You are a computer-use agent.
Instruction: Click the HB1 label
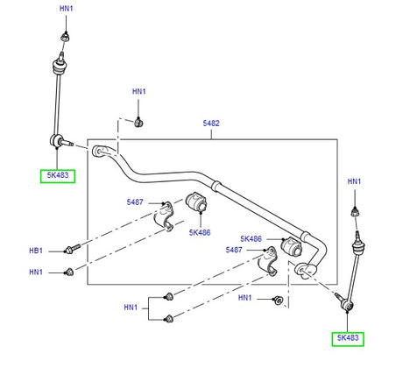(35, 251)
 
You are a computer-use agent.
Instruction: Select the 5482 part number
(210, 124)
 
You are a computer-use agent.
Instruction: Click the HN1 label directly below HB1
(35, 272)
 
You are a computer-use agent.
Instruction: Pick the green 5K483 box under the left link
(57, 175)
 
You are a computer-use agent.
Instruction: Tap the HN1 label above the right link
(355, 181)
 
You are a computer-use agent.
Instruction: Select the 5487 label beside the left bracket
(134, 202)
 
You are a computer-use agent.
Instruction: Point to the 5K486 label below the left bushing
(200, 232)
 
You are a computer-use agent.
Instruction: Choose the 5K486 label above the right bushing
(252, 238)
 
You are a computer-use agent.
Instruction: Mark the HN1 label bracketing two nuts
(132, 307)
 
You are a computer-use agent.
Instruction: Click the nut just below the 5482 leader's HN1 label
(139, 121)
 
